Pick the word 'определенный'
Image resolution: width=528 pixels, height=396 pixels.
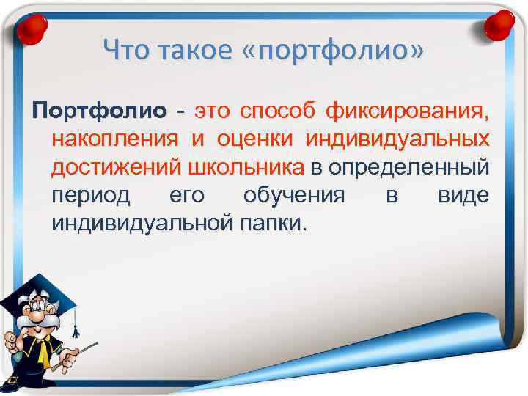point(408,168)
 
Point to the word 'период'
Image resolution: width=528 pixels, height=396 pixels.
point(91,196)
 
